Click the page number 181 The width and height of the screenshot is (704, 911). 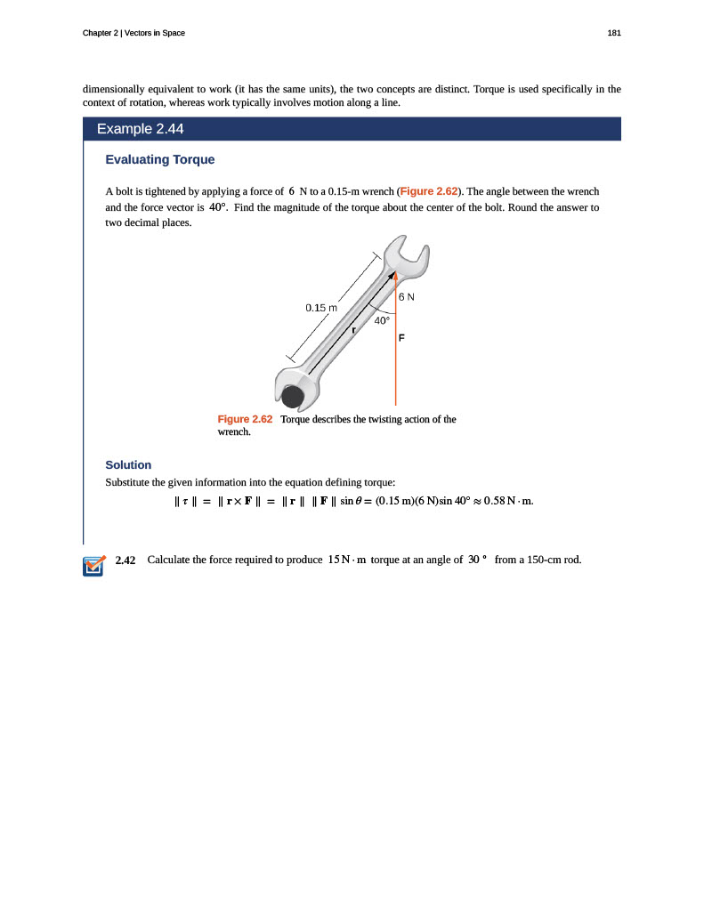613,33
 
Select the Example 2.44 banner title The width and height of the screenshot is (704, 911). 140,129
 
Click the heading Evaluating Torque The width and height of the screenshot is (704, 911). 160,160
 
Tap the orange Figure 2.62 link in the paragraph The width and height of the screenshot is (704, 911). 429,191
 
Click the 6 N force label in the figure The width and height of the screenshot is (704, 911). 407,296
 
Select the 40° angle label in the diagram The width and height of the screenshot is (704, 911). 382,320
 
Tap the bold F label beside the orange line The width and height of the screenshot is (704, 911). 401,339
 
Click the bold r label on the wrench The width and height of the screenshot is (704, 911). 353,330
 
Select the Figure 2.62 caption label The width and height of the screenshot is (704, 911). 245,419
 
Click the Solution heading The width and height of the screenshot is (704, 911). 128,464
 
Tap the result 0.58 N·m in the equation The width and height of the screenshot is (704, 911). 508,501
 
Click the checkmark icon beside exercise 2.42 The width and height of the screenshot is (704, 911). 93,566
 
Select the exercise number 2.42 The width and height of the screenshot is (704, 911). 125,560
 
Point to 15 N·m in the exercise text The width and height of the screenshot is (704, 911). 347,560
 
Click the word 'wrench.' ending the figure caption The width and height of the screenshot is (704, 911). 234,432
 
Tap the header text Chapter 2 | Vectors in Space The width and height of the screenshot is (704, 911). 134,33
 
